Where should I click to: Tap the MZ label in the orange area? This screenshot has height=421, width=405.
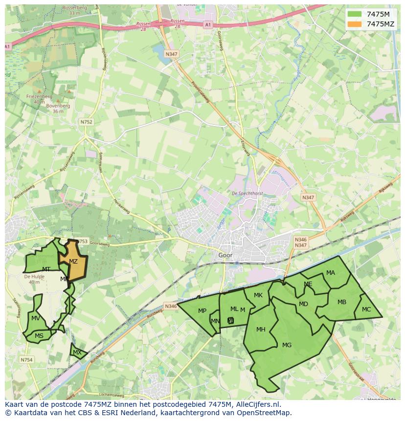[x=73, y=262]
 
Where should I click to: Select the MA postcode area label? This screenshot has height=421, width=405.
[x=331, y=272]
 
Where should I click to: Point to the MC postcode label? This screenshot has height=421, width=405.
[x=366, y=310]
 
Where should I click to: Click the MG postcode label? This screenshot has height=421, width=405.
[x=287, y=345]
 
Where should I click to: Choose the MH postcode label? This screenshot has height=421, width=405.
[x=261, y=329]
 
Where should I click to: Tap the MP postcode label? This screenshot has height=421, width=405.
[x=202, y=311]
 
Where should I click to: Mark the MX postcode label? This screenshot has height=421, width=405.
[x=77, y=352]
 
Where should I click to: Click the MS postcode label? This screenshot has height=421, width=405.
[x=39, y=335]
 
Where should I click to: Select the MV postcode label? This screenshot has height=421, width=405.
[x=35, y=318]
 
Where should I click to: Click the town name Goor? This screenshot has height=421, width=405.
[x=225, y=255]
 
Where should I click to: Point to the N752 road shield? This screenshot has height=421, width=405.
[x=86, y=122]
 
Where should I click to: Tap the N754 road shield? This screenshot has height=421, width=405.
[x=26, y=360]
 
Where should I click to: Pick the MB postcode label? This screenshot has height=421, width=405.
[x=342, y=302]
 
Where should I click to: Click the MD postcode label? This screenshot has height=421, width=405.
[x=303, y=304]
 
